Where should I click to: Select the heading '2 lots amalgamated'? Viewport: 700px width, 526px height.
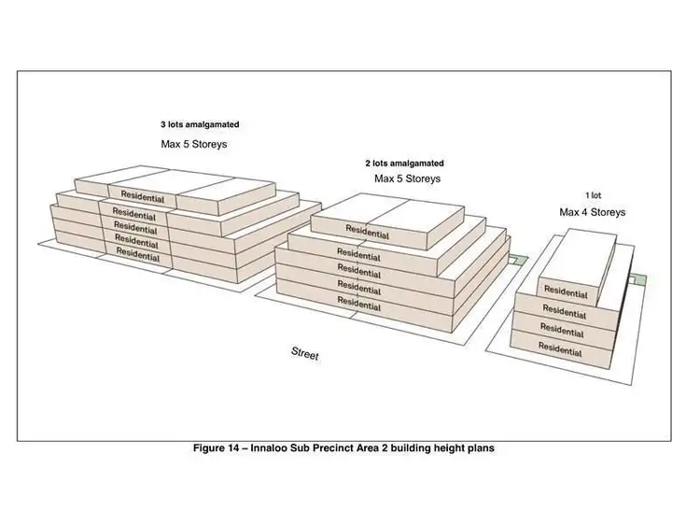404,163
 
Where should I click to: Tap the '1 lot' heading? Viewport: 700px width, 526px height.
594,195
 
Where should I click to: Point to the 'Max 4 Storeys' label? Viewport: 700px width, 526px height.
593,212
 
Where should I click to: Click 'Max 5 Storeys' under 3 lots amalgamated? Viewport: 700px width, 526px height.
194,145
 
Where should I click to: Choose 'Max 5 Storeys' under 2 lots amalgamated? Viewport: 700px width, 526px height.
408,178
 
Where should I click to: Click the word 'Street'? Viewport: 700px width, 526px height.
305,353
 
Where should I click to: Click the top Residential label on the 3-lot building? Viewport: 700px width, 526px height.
137,198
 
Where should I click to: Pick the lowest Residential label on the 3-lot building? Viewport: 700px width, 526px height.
137,252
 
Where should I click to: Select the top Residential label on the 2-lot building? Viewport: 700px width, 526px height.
368,229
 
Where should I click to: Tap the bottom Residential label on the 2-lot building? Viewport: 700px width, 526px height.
358,303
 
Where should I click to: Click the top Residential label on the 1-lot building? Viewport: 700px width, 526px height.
566,292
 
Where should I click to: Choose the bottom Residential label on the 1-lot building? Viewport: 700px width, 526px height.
561,348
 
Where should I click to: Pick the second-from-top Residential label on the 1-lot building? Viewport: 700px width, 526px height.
565,311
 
